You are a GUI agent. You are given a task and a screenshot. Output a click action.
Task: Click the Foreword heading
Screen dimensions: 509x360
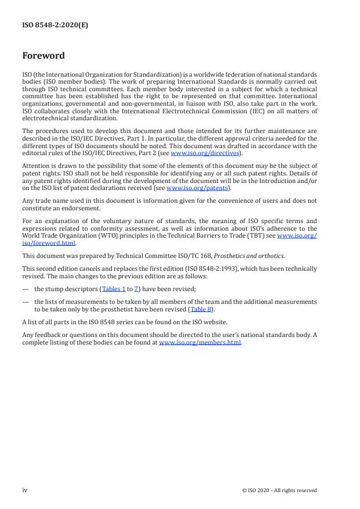(44, 56)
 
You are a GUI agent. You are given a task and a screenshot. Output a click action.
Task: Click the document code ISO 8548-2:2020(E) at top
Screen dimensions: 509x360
(55, 25)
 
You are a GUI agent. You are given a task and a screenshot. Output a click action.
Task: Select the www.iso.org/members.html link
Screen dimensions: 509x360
(200, 343)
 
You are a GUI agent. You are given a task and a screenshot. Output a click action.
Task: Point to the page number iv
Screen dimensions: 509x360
(25, 490)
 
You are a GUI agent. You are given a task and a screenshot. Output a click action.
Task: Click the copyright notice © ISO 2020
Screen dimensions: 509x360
(279, 490)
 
